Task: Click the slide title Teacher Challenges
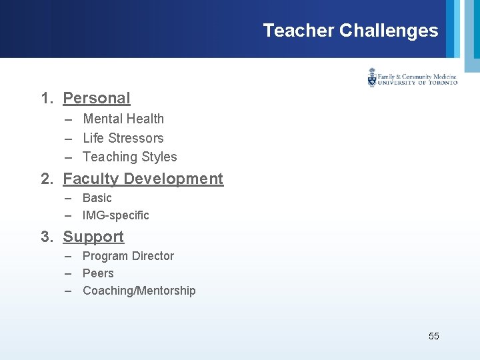350,31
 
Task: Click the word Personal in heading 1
97,98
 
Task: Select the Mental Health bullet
123,119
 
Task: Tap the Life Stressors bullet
123,138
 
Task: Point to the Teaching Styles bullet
129,157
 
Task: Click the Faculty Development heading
143,179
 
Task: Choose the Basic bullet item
97,198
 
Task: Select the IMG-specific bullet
115,215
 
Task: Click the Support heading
93,237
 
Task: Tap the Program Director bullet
128,256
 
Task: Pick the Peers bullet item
98,273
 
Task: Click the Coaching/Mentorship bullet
139,291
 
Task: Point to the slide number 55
433,336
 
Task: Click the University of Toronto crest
372,78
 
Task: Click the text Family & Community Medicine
417,76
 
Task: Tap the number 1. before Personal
47,98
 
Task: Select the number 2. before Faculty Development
47,179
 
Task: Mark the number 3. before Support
47,237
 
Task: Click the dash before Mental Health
69,119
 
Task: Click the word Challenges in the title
389,31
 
